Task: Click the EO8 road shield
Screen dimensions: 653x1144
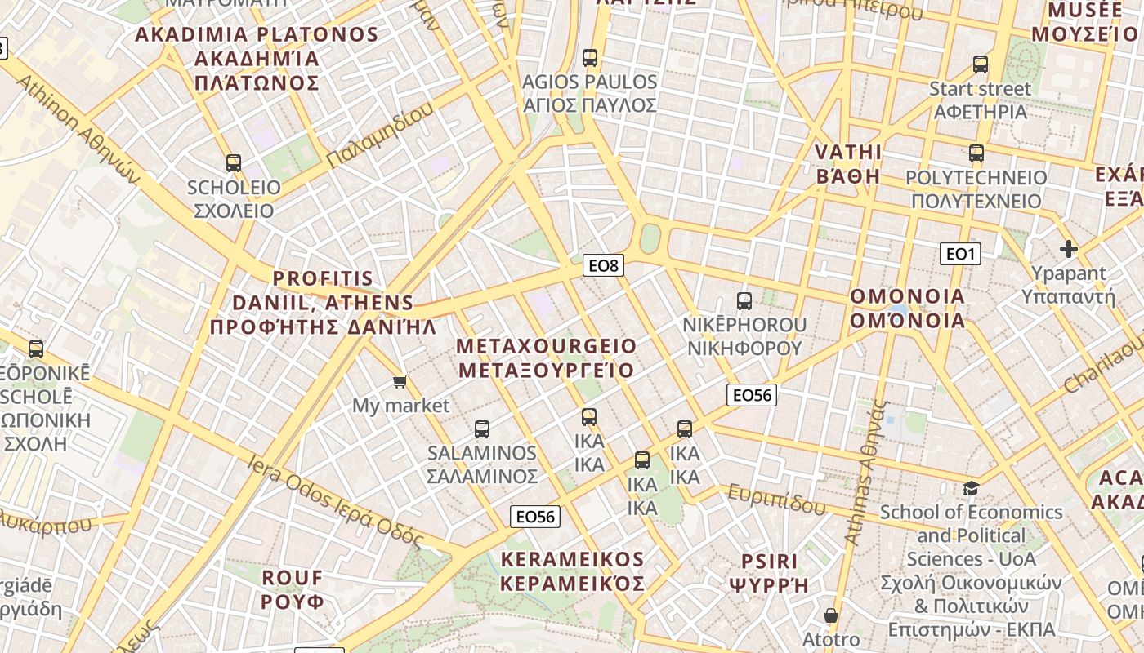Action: tap(605, 264)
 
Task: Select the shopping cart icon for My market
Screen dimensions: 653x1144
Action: tap(400, 381)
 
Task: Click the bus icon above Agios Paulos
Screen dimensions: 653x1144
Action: tap(590, 58)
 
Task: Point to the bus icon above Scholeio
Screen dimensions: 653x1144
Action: tap(234, 162)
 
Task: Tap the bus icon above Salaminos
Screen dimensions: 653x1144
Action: tap(482, 429)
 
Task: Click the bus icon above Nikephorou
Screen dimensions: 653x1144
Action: tap(744, 300)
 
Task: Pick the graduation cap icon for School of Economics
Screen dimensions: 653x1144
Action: tap(971, 488)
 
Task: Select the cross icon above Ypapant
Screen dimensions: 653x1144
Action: tap(1069, 249)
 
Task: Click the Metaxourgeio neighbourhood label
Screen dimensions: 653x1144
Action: tap(546, 358)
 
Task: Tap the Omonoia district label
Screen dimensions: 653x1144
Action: tap(908, 308)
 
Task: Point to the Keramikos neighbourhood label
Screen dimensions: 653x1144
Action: tap(572, 571)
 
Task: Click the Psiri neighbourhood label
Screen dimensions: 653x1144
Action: tap(769, 573)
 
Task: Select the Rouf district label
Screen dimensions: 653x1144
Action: tap(293, 589)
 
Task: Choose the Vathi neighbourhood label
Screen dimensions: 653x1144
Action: tap(848, 163)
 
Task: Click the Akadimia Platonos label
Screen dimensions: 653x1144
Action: tap(257, 59)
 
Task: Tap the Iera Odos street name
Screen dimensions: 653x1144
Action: tap(336, 501)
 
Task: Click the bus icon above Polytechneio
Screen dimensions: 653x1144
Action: tap(976, 153)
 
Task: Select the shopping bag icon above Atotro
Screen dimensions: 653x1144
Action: tap(831, 615)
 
